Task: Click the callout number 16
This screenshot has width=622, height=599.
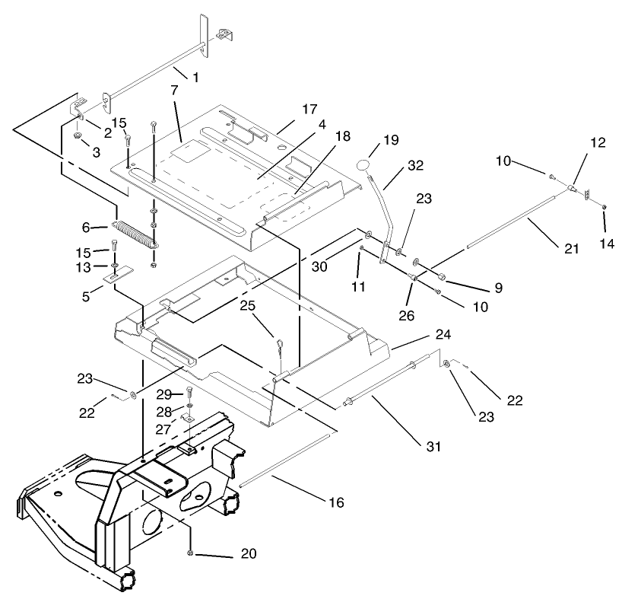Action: coord(336,502)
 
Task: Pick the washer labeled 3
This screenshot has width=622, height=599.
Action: coord(78,135)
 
